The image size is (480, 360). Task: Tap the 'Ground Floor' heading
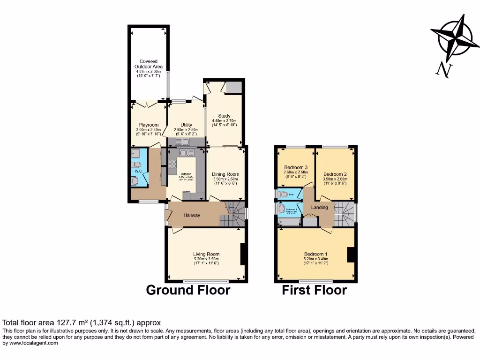pos(188,290)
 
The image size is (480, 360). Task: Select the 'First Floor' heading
pos(314,290)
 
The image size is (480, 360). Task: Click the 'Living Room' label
pos(206,255)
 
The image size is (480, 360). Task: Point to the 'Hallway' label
pos(192,216)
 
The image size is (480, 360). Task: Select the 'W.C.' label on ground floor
pos(139,171)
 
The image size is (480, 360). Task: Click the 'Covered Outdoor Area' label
pos(149,64)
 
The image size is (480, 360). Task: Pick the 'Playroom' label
pos(149,125)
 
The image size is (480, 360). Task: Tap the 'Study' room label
pos(225,116)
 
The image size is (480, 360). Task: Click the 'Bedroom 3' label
pos(296,167)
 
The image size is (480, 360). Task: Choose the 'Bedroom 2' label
pos(335,174)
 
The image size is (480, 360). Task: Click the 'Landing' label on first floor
pos(320,207)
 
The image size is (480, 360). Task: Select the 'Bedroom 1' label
pos(316,254)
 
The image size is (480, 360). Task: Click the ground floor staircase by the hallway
pos(233,214)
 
